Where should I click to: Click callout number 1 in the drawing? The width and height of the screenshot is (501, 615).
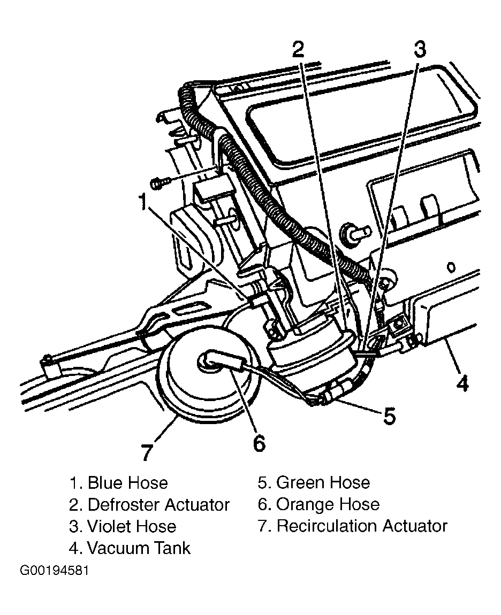pos(143,202)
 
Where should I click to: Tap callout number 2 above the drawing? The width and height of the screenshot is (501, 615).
pos(298,49)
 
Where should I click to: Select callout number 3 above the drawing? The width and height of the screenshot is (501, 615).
pos(419,49)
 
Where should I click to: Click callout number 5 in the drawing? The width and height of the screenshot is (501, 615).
pos(389,415)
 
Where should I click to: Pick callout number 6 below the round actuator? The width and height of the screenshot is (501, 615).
pos(259,443)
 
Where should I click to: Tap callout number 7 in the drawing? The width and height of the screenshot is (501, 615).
pos(147,452)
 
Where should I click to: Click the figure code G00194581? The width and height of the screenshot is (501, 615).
pos(54,570)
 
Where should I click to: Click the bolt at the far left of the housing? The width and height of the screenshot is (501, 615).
pos(161,183)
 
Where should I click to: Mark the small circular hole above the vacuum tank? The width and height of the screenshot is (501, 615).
pos(452,267)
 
